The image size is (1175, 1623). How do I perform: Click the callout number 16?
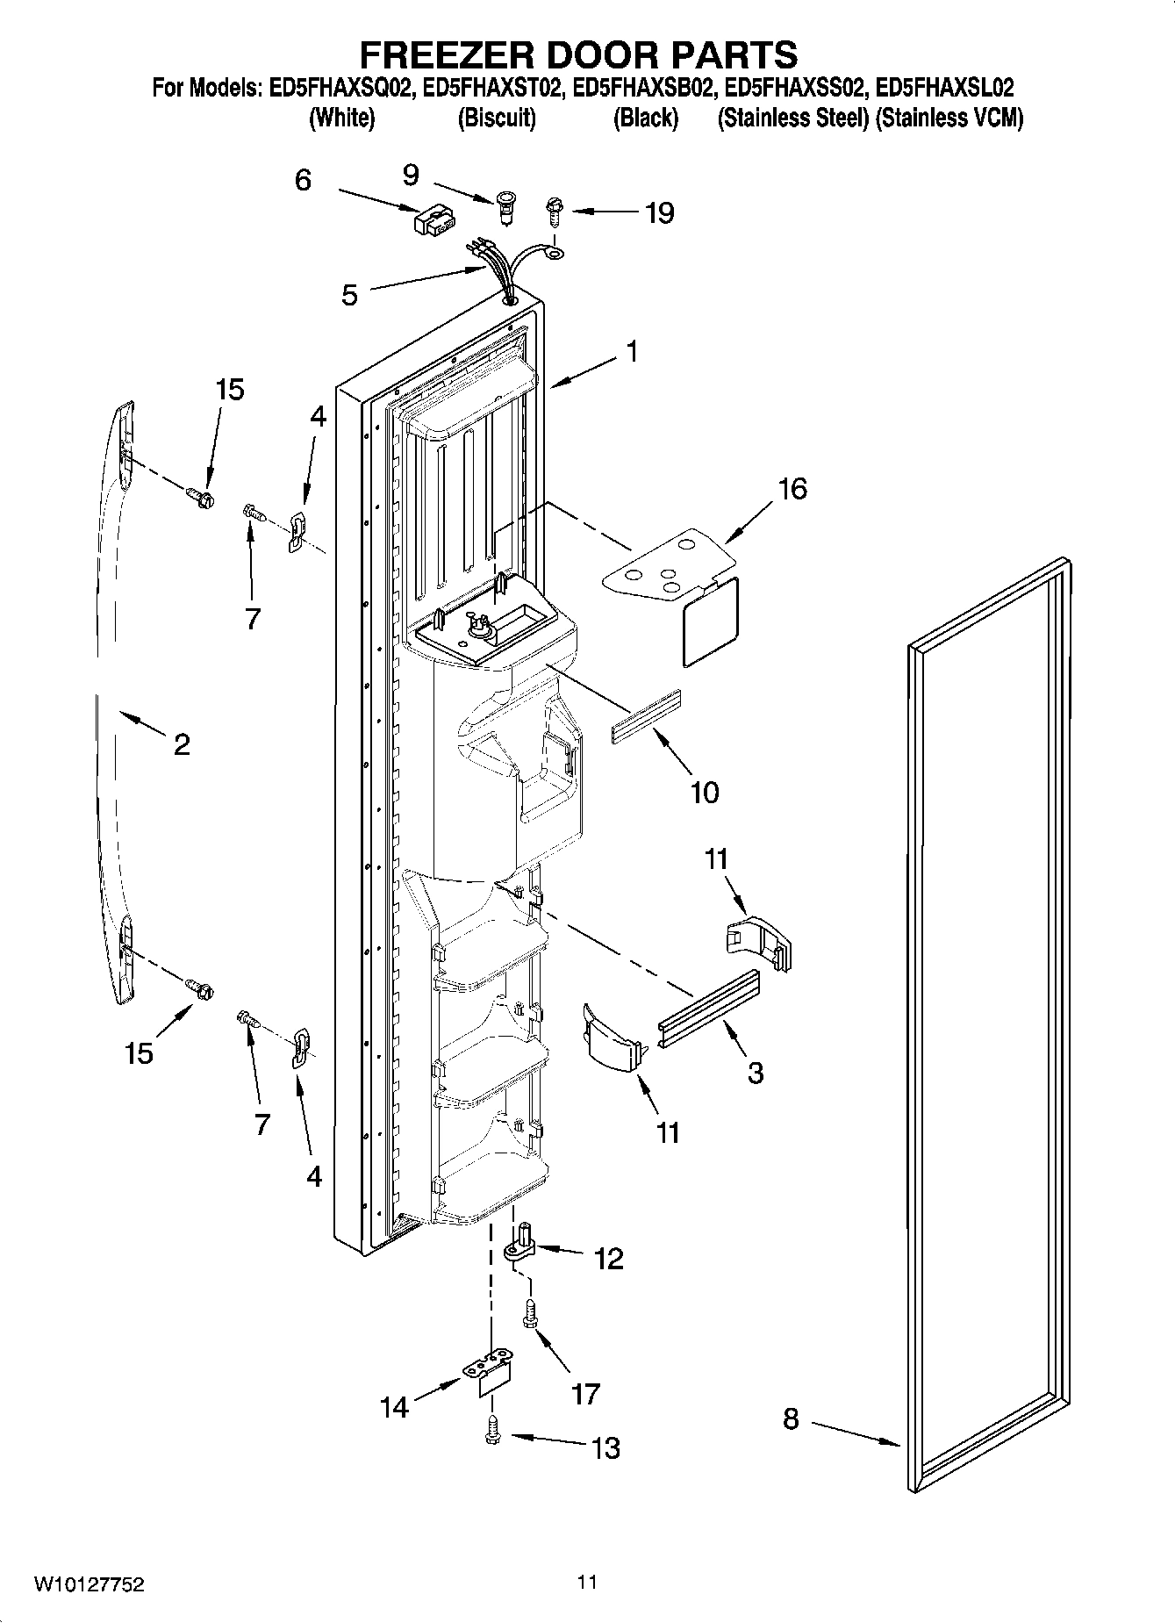pyautogui.click(x=792, y=489)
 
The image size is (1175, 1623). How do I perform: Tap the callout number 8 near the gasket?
pyautogui.click(x=791, y=1418)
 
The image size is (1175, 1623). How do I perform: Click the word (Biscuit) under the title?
pyautogui.click(x=497, y=118)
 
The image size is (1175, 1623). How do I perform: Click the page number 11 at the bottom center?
pyautogui.click(x=587, y=1582)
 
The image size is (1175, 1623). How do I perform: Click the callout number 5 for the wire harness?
pyautogui.click(x=349, y=295)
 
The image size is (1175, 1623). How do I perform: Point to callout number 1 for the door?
pyautogui.click(x=631, y=350)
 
